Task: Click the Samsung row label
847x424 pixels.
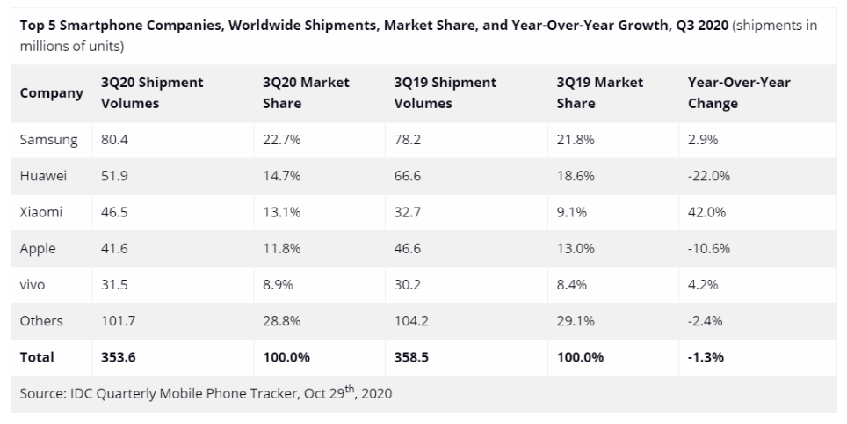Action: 48,140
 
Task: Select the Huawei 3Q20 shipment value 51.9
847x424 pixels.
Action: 115,176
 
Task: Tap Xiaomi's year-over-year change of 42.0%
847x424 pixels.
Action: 707,212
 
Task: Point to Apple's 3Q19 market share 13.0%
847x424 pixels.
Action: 576,248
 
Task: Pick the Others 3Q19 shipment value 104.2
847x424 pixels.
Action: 411,320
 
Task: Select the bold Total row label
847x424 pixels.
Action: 37,356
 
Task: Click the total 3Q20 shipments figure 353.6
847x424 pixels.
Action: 119,356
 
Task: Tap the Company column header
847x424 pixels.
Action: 52,92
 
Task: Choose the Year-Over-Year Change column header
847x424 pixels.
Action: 738,92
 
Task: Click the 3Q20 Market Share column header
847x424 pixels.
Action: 306,92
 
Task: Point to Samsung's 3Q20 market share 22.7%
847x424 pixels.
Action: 282,140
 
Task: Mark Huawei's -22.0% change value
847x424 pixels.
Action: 709,176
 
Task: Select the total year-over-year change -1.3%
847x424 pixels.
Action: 706,356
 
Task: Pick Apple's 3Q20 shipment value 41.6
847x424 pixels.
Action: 115,248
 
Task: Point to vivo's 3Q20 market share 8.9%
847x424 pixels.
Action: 279,284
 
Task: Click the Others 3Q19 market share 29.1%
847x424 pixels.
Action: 576,320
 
